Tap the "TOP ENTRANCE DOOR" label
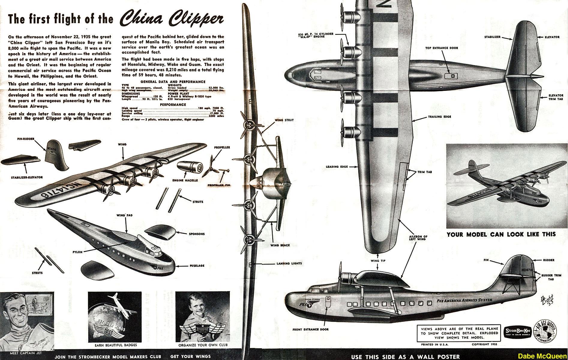[x=441, y=48]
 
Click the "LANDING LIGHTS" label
[x=289, y=264]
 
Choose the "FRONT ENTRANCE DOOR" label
[x=311, y=329]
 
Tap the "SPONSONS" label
[x=197, y=234]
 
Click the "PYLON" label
[x=77, y=252]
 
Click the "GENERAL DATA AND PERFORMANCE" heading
[x=173, y=82]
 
